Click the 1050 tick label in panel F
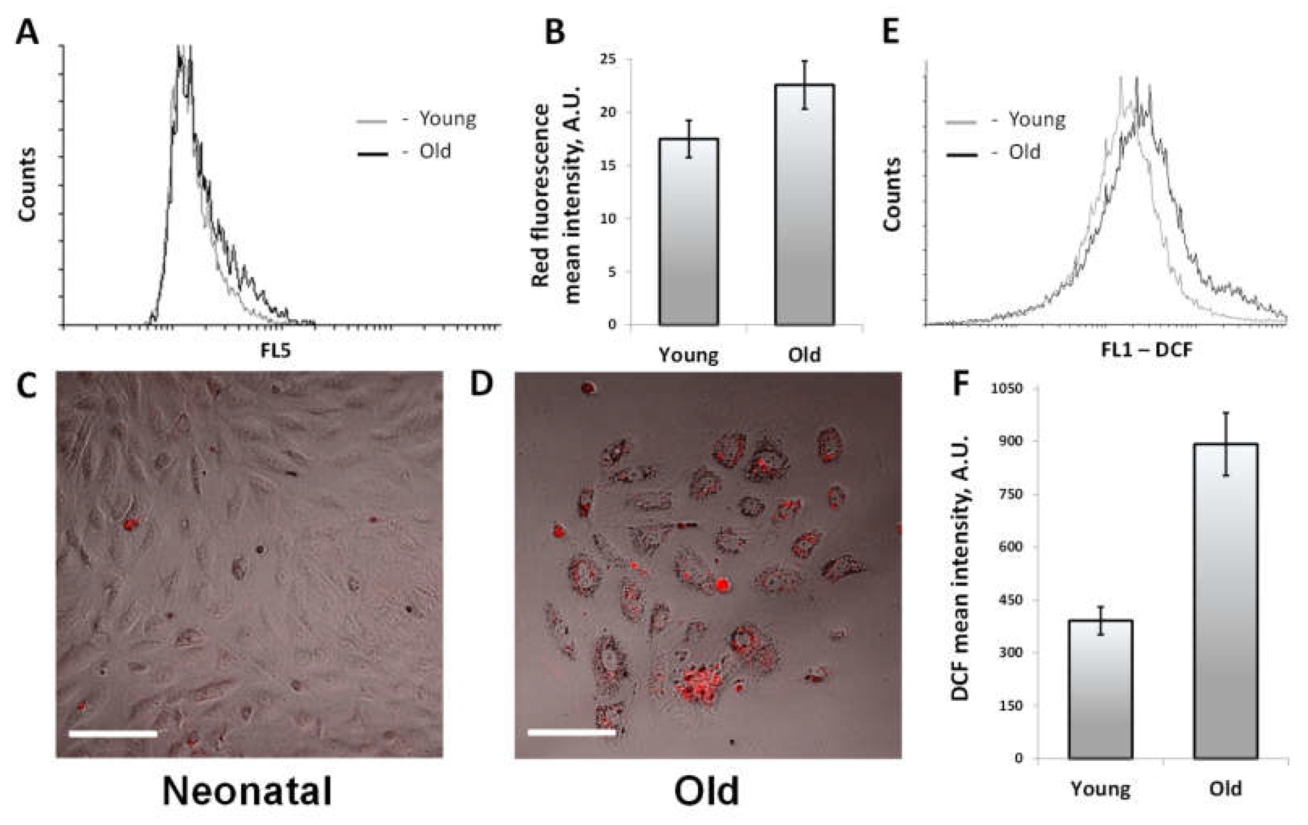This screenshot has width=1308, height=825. [x=1006, y=389]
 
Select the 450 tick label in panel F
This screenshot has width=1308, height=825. [x=1010, y=600]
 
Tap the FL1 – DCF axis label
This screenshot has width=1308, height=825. [x=1146, y=350]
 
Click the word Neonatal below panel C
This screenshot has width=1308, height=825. [x=247, y=791]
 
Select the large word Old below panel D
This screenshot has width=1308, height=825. [x=707, y=791]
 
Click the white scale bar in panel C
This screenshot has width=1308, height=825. [x=113, y=734]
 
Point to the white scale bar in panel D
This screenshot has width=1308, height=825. [x=571, y=733]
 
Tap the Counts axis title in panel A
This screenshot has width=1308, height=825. [x=27, y=184]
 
